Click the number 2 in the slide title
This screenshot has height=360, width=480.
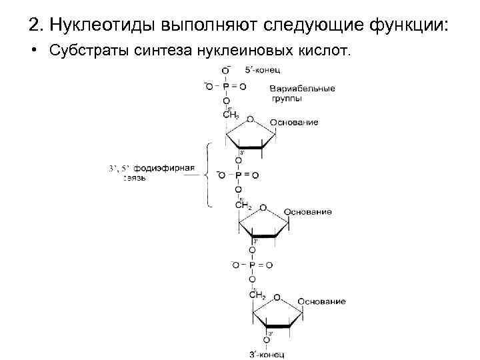coord(35,26)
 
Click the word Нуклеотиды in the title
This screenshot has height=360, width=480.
coord(101,26)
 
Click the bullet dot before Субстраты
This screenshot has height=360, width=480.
coord(32,51)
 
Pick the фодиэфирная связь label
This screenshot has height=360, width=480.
coord(157,173)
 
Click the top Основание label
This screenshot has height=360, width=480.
coord(294,123)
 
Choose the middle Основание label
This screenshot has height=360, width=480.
coord(308,212)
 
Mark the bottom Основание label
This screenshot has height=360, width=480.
coord(322,301)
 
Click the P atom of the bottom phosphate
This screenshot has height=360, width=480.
coord(252,265)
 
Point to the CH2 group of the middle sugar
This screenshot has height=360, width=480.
coord(243,205)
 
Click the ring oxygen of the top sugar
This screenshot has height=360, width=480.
coord(250,119)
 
